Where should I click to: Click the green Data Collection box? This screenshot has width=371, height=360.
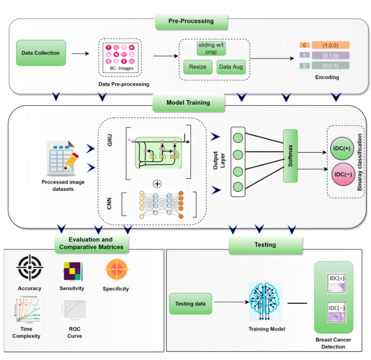(x=41, y=53)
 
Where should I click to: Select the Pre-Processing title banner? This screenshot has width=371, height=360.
(x=191, y=21)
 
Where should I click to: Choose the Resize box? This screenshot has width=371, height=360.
(x=197, y=67)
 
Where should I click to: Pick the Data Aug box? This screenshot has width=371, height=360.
(x=231, y=67)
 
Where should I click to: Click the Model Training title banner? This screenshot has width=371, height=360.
(x=189, y=103)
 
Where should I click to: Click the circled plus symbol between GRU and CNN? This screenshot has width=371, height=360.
(x=157, y=183)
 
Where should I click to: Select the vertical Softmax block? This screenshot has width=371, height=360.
(x=290, y=156)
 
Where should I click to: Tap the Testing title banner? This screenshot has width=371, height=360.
(x=265, y=244)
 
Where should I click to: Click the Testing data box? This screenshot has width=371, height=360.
(x=190, y=304)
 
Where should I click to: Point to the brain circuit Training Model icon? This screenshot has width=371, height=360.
(x=265, y=302)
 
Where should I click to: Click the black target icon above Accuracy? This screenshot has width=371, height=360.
(x=29, y=268)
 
